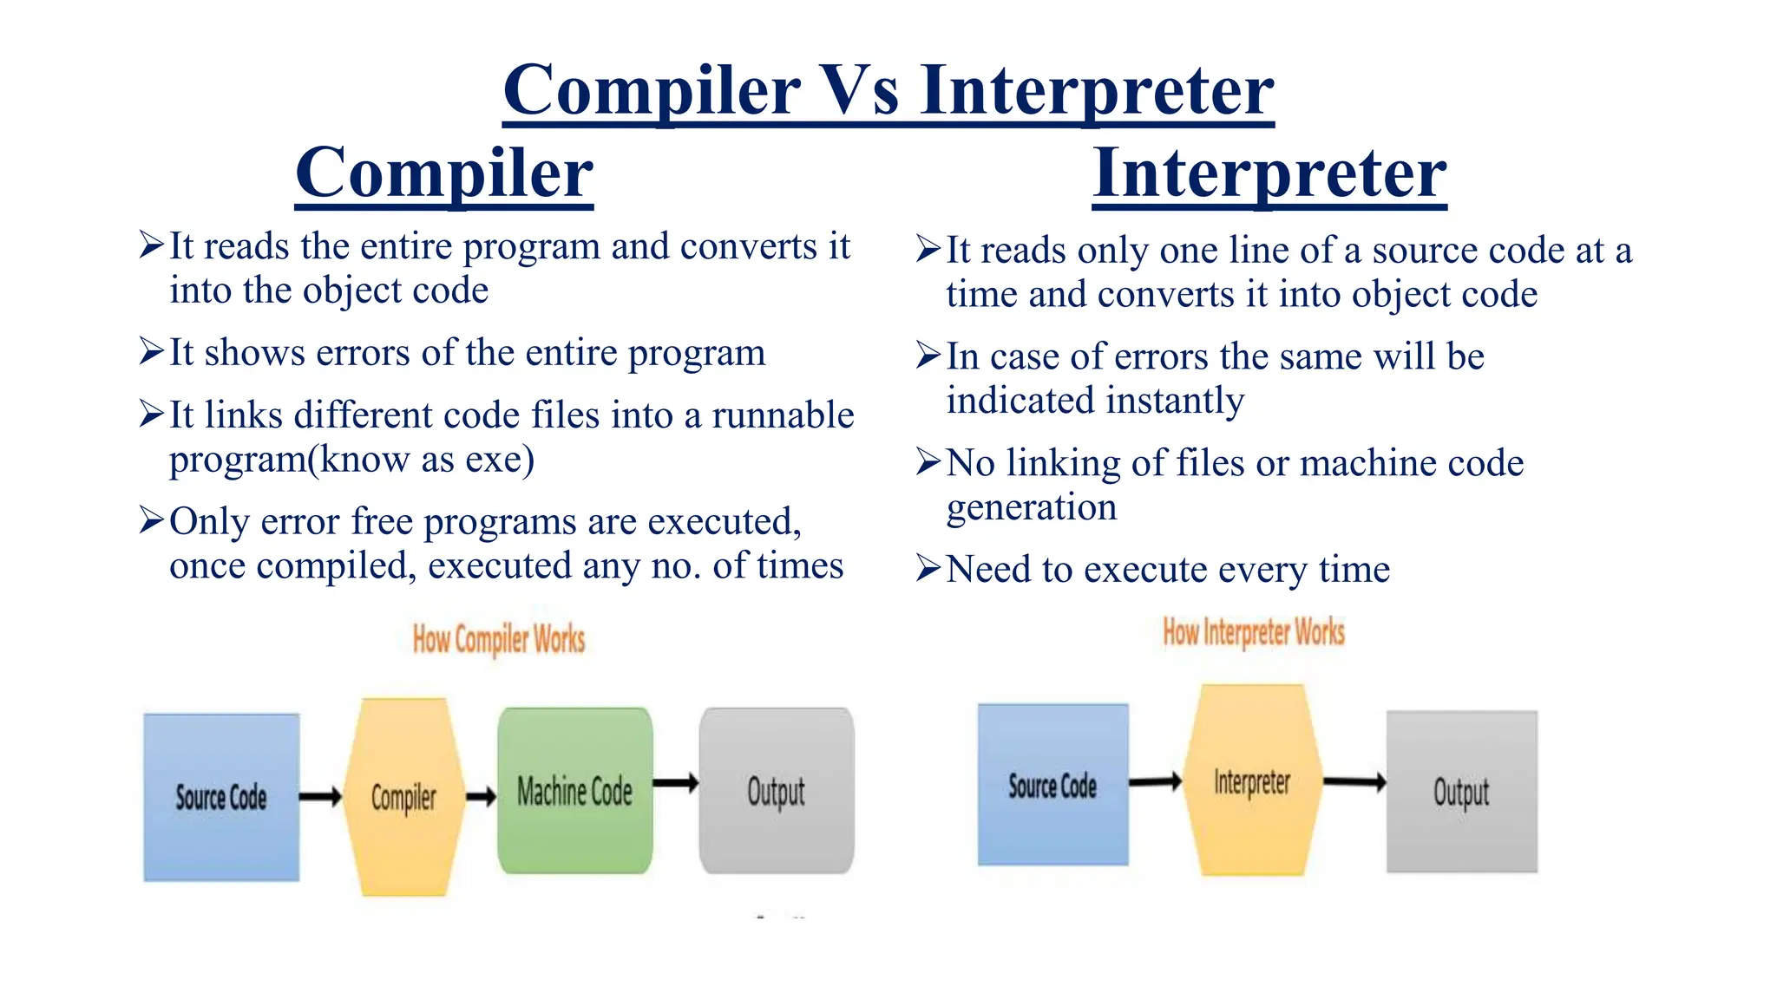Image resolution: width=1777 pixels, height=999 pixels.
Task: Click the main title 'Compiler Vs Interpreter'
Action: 888,90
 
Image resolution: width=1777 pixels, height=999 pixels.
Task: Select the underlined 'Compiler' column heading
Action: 444,173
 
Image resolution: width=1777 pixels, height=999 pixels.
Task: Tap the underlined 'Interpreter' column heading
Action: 1269,173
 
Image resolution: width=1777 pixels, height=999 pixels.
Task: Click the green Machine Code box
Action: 574,791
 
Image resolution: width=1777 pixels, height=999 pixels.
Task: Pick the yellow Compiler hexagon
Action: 403,797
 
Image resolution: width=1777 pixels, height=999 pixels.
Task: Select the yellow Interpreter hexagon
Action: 1252,780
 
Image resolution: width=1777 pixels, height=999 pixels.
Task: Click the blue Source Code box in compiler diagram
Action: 221,797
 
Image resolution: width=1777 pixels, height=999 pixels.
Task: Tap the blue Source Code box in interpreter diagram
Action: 1052,785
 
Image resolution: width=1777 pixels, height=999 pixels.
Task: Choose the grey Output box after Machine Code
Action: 777,791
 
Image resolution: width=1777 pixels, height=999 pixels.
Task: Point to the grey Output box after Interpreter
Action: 1461,791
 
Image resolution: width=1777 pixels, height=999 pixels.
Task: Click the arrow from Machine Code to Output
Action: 675,783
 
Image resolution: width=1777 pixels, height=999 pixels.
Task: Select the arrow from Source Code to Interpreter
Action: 1155,781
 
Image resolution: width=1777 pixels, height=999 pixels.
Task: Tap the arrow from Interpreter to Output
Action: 1354,782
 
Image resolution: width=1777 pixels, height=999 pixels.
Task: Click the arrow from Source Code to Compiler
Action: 320,796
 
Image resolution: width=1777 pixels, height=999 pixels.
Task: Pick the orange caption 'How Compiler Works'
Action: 499,640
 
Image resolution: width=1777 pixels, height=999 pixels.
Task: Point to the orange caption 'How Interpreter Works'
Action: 1254,632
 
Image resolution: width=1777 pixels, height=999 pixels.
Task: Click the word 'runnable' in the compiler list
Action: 783,415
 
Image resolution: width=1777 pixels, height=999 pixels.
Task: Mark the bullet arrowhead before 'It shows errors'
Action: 151,352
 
